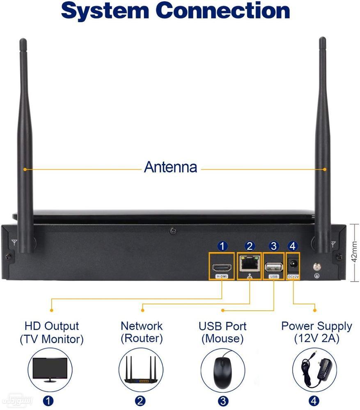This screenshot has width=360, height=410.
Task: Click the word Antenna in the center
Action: coord(170,167)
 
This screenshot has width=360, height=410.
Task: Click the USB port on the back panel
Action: coord(273,267)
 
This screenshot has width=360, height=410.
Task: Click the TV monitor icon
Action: coord(48,370)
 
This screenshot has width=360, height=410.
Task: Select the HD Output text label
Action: coord(51,326)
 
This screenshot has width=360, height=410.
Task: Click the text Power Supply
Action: coord(316,326)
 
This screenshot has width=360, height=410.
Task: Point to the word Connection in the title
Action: coord(223,11)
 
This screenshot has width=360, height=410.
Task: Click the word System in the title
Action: coord(104,11)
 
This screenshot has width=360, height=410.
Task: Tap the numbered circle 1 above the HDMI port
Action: coord(222,246)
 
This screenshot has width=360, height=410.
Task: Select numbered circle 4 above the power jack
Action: coord(292,246)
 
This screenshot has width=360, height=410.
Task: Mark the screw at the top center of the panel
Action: coord(174,230)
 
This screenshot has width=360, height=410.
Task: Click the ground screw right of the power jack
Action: coord(316,266)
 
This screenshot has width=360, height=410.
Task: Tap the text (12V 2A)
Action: coord(316,339)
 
